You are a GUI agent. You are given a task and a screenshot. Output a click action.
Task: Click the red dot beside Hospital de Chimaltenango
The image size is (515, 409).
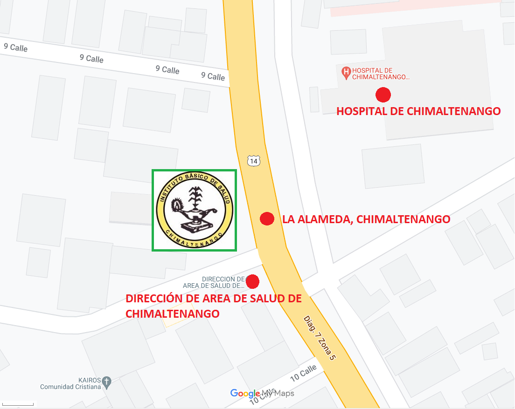point(383,95)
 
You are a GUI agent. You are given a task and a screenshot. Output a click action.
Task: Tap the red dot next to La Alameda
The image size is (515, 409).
point(266,219)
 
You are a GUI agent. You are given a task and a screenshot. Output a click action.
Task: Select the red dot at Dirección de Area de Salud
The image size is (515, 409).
point(252,281)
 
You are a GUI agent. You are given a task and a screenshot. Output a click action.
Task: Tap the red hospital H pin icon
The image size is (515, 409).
point(346,72)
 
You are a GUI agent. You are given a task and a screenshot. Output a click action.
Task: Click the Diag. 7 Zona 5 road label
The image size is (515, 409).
point(320,338)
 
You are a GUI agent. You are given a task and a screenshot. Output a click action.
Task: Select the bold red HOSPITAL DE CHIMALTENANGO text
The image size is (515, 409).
point(418,111)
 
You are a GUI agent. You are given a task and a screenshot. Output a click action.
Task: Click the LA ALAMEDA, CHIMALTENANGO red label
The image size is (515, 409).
point(366,219)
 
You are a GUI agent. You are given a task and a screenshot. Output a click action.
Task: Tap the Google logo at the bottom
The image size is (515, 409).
point(245,394)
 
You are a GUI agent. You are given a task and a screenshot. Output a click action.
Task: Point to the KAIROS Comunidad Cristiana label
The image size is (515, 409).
point(70,383)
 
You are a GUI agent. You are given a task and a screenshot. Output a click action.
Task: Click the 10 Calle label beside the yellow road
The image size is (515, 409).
point(303,372)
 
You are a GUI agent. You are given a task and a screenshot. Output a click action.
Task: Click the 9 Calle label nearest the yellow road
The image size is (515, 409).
point(213,76)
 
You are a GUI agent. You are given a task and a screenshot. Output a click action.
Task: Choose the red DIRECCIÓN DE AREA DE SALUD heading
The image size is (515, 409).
point(214,306)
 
